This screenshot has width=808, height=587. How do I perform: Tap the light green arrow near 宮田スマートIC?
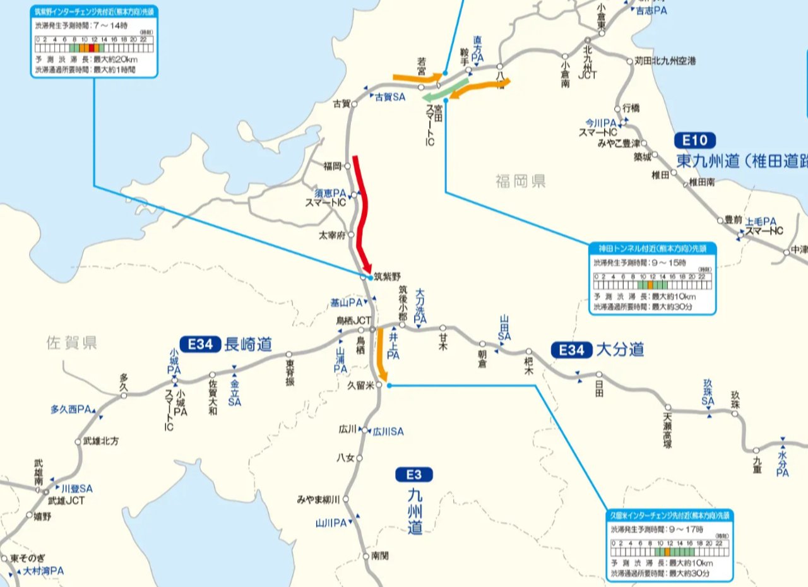click(x=445, y=91)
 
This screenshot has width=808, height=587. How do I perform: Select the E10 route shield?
click(x=695, y=140)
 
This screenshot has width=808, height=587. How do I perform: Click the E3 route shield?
click(x=414, y=475)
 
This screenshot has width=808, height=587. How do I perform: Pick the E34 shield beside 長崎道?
click(x=200, y=344)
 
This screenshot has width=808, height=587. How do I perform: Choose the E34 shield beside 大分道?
click(x=571, y=350)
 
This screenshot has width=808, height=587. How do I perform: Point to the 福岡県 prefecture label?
click(x=521, y=182)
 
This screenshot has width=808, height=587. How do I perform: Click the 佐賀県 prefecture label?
click(x=71, y=343)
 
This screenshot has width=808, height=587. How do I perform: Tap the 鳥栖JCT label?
click(x=353, y=320)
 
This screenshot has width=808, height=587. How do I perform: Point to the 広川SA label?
click(x=388, y=432)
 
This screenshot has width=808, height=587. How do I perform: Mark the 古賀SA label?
click(x=390, y=97)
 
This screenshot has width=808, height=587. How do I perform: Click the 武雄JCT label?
click(x=66, y=501)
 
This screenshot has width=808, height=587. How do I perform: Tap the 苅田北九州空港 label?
click(x=665, y=61)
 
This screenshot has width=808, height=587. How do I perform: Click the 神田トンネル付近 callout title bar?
click(x=653, y=249)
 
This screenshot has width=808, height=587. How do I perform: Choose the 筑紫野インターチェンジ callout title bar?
click(x=94, y=11)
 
